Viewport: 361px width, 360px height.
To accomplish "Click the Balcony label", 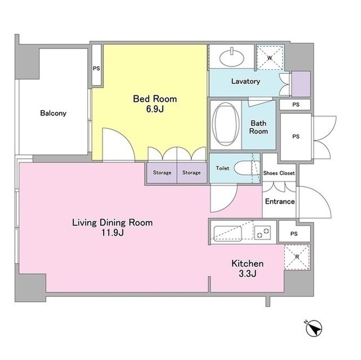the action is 53,113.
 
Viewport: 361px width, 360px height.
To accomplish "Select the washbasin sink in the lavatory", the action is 232,58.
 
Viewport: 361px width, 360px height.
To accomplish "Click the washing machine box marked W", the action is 270,57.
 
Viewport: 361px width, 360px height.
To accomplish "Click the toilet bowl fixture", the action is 246,168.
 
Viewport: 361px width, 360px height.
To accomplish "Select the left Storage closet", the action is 162,172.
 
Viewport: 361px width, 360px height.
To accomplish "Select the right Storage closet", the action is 192,172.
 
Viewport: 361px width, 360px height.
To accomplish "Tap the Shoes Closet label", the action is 279,173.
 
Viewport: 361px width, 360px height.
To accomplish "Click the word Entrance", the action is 280,202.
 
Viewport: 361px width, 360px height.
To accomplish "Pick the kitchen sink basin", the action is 227,234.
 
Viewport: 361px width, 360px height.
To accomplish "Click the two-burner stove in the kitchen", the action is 262,233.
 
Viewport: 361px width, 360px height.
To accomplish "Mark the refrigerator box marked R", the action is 297,257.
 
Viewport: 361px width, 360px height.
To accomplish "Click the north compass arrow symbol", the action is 314,328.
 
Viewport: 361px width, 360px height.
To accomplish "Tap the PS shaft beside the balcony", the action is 96,65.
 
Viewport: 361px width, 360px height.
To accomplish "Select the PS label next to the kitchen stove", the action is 294,234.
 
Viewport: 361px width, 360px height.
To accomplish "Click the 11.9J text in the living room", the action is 113,233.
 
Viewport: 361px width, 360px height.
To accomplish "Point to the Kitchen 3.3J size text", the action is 248,269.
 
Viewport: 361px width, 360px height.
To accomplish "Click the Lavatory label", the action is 246,81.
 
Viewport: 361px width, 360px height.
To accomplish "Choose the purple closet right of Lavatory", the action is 301,84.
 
